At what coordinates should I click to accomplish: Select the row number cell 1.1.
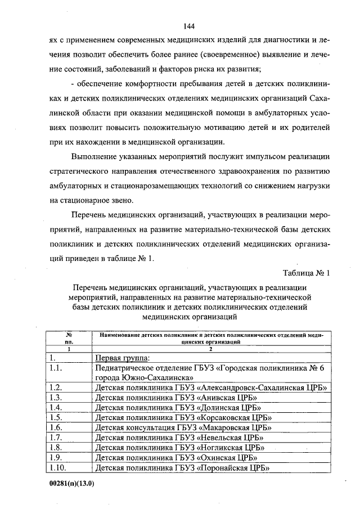[55, 368]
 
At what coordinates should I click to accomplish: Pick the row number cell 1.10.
[58, 467]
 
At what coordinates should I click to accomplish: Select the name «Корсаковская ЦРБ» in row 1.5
[236, 417]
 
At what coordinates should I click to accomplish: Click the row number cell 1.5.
[56, 417]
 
